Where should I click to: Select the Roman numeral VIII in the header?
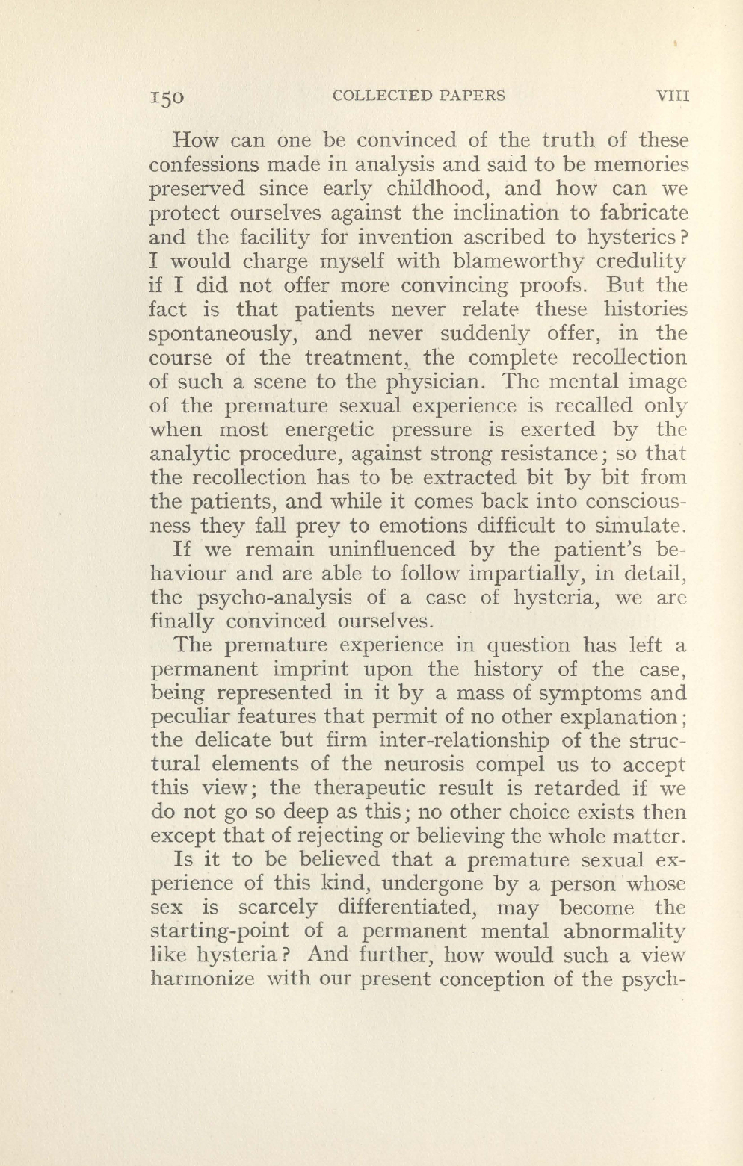click(x=671, y=96)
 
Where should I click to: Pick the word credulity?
click(x=647, y=261)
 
